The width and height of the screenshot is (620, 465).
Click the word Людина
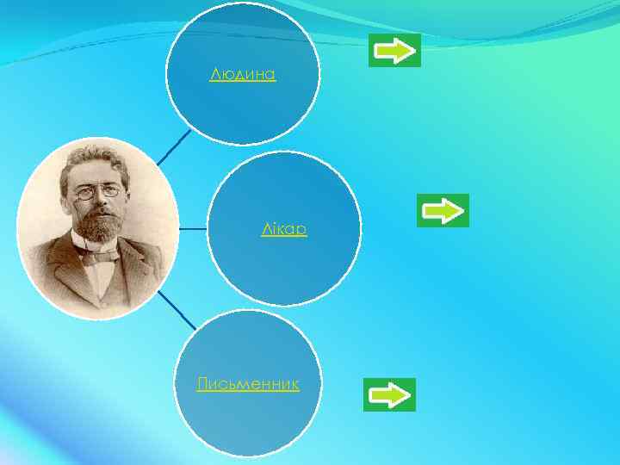coord(243,75)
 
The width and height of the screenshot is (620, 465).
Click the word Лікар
coord(284,230)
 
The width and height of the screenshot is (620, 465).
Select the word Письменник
coord(248,384)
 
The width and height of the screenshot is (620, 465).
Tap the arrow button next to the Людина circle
coord(394,50)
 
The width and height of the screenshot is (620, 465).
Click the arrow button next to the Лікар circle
coord(443,210)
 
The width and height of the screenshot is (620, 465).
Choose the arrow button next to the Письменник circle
coord(389,394)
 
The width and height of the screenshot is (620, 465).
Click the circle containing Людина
coord(243,103)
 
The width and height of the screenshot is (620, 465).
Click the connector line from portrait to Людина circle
coord(175,146)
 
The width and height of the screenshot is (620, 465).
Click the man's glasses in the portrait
coord(96,192)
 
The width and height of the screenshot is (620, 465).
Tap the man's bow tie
coord(98,255)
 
